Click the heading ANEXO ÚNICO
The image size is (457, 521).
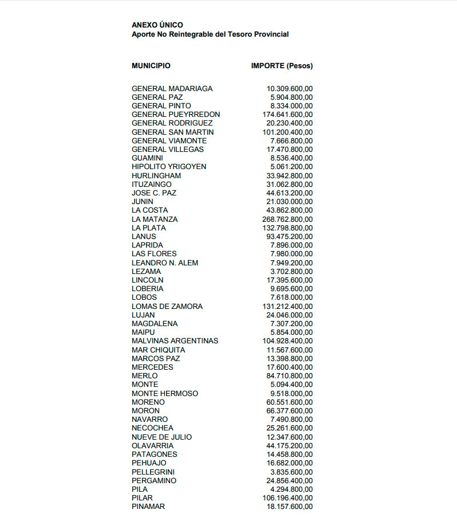pyautogui.click(x=157, y=25)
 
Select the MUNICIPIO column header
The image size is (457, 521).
pyautogui.click(x=151, y=66)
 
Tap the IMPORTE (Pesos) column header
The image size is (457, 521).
pyautogui.click(x=282, y=66)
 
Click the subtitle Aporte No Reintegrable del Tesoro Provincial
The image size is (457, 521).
pyautogui.click(x=210, y=34)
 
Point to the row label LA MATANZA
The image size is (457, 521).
pyautogui.click(x=155, y=219)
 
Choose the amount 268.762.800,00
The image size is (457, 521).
pyautogui.click(x=287, y=219)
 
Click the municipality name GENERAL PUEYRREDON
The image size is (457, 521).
pyautogui.click(x=176, y=115)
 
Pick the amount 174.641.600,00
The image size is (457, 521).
pyautogui.click(x=287, y=115)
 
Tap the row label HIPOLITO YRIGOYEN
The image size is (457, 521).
pyautogui.click(x=169, y=167)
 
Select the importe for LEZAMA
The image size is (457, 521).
pyautogui.click(x=291, y=271)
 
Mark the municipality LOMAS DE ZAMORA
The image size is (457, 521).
pyautogui.click(x=167, y=306)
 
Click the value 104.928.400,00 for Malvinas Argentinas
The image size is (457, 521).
pyautogui.click(x=287, y=341)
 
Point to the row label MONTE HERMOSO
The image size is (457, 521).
pyautogui.click(x=165, y=393)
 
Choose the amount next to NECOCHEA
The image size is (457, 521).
pyautogui.click(x=290, y=428)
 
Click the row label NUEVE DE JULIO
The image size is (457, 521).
pyautogui.click(x=162, y=437)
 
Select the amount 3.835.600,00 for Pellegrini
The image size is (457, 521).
pyautogui.click(x=291, y=472)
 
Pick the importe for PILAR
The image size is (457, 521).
pyautogui.click(x=287, y=498)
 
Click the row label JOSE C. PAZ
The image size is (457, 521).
pyautogui.click(x=154, y=193)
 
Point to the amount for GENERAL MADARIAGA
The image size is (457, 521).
pyautogui.click(x=290, y=89)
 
